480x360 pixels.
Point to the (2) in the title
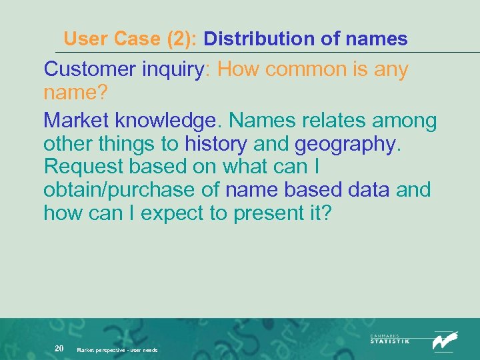click(179, 39)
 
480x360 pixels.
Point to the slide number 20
click(59, 348)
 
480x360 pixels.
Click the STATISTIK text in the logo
click(390, 341)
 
